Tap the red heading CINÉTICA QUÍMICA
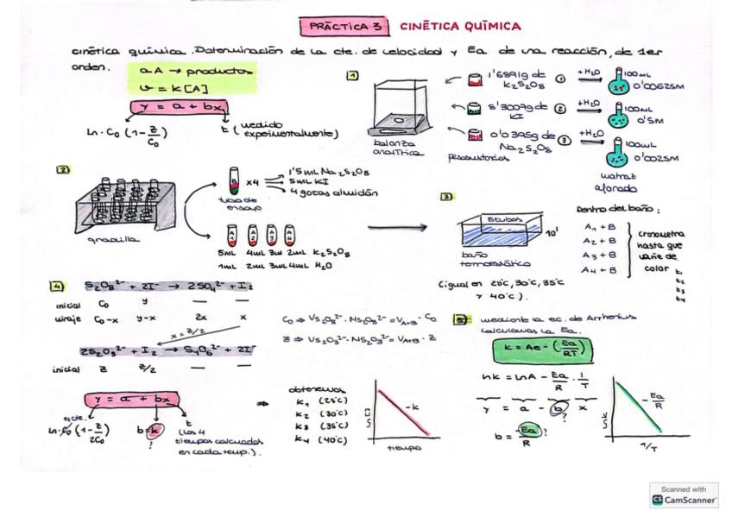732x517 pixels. coord(460,27)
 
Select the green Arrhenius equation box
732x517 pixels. coord(541,350)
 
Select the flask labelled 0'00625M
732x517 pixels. coord(619,82)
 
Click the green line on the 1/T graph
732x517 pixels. coord(639,406)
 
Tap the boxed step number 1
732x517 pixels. coord(352,76)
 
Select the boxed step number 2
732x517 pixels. coord(63,170)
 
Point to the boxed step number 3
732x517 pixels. coord(446,197)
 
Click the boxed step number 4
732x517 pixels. coord(57,286)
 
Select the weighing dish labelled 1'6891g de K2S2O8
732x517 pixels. coord(474,80)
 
